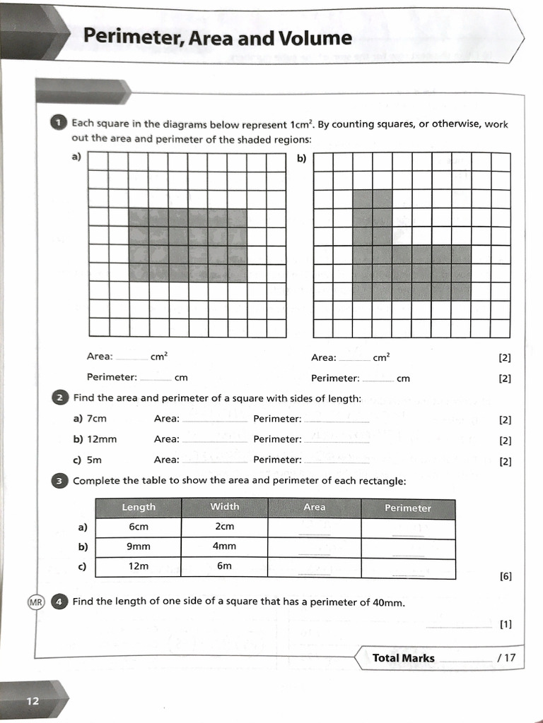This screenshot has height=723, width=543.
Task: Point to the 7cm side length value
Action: [x=97, y=419]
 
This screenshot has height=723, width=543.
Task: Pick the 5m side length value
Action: [x=95, y=460]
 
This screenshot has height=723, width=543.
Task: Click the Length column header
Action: [x=139, y=507]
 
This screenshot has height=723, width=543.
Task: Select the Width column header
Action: [x=225, y=506]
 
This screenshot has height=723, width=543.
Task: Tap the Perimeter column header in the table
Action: [x=408, y=508]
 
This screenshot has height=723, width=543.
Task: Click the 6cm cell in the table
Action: [x=139, y=527]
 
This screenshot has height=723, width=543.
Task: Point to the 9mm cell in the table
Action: [x=139, y=546]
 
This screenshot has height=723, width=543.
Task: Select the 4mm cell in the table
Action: [x=225, y=546]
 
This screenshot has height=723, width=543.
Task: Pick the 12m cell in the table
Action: [x=139, y=566]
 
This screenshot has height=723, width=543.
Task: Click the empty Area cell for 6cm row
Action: [x=314, y=528]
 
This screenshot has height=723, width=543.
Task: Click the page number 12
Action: [x=33, y=701]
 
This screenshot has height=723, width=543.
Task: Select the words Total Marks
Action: [x=403, y=658]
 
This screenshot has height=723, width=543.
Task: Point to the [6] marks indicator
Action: [x=506, y=576]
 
